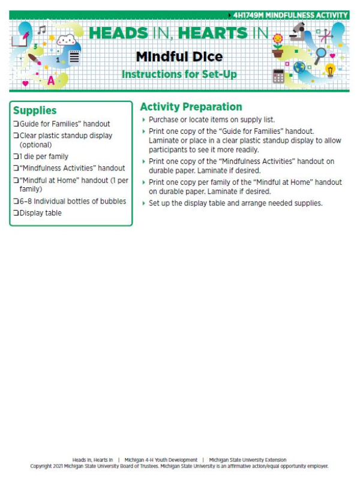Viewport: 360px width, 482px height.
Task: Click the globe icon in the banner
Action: click(299, 67)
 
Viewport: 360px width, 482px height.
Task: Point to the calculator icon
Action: click(278, 76)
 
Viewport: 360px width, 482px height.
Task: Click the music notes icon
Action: click(41, 29)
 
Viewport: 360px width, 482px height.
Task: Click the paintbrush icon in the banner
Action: click(35, 61)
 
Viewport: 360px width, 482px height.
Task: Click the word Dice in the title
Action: click(201, 57)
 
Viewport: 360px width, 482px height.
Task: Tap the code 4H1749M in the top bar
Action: click(254, 15)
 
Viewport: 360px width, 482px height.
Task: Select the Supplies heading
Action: click(35, 110)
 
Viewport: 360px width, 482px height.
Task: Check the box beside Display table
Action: click(16, 213)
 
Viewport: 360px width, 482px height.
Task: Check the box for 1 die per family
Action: click(16, 157)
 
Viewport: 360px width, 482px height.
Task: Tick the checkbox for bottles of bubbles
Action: click(16, 202)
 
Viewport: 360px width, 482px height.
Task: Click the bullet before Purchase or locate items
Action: click(143, 120)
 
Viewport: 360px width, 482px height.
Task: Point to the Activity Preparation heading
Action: click(191, 107)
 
